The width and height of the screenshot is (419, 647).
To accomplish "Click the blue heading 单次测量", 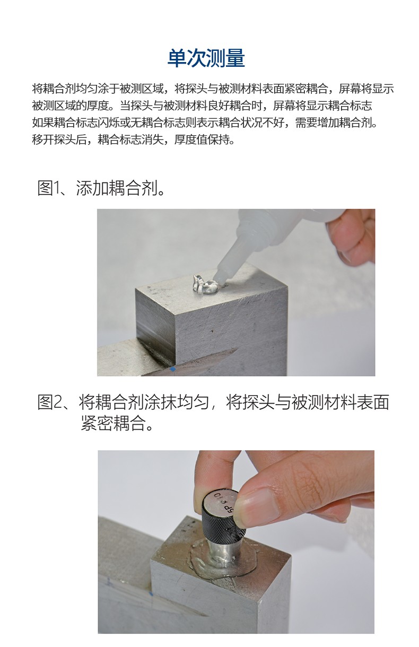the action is (206, 58).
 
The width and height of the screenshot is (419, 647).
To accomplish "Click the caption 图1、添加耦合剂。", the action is (101, 188).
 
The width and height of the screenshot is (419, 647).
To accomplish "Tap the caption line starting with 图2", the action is (213, 403).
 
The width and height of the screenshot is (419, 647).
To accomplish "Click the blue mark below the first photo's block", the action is (172, 369).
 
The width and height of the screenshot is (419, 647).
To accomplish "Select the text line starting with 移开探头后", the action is (133, 140).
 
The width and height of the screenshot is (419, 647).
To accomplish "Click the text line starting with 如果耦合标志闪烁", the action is (205, 123).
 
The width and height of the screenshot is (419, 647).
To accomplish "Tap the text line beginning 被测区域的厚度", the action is (202, 106).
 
